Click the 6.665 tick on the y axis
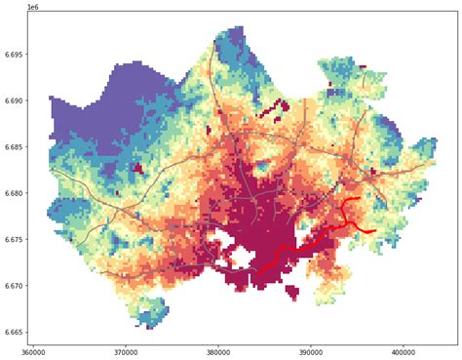pos(14,333)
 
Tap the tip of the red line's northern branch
pos(360,198)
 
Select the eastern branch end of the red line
pos(376,230)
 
